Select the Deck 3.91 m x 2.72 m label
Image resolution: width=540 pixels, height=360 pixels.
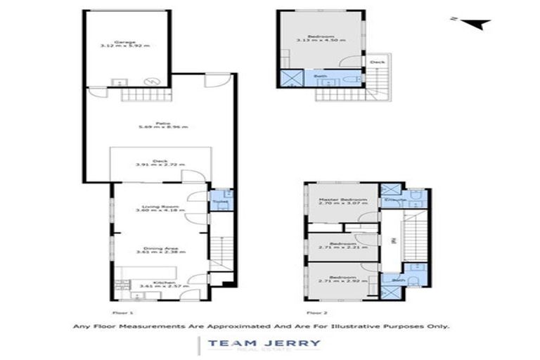[x=160, y=162]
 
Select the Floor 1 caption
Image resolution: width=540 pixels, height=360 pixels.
[x=122, y=309]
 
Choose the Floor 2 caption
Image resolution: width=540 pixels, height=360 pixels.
[x=316, y=309]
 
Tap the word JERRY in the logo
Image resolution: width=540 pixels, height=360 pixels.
[x=297, y=344]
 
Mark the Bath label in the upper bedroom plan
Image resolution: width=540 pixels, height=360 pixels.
[x=320, y=76]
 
